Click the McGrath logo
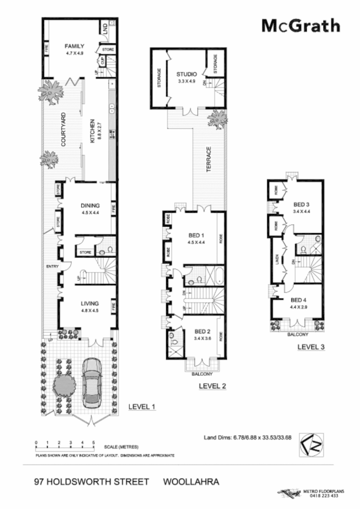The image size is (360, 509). point(300,26)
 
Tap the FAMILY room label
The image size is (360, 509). point(74,46)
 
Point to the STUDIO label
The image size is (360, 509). point(186,74)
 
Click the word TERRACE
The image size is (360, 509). point(209,161)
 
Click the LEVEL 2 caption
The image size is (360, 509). point(212,386)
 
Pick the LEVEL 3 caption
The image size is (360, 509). point(311,347)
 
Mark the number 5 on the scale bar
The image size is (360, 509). point(94,442)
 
